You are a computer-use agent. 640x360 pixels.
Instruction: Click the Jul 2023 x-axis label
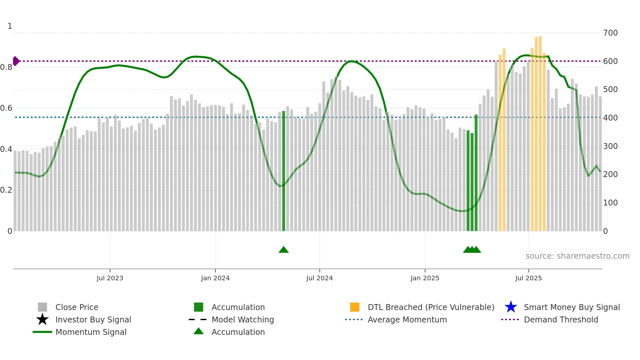point(110,278)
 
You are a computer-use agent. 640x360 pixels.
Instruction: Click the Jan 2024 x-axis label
point(215,278)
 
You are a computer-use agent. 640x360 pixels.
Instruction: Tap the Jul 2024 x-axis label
point(319,278)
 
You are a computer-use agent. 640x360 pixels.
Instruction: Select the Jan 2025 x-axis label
point(425,278)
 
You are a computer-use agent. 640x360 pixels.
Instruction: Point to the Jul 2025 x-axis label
point(528,278)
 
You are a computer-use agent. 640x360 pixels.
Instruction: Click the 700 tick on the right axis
point(610,33)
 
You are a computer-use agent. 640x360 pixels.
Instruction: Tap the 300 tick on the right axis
point(610,146)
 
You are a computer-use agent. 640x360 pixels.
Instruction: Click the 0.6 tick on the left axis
point(6,108)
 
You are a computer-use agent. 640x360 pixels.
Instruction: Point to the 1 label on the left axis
point(10,26)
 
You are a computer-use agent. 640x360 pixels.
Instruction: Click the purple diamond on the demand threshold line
point(16,61)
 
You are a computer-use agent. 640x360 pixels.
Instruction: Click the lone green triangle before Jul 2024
point(283,250)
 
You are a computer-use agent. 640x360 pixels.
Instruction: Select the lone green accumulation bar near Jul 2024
point(283,170)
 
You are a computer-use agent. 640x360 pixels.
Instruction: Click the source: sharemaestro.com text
point(577,256)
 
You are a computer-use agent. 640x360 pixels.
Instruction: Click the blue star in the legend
point(511,307)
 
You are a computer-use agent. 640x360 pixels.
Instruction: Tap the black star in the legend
point(42,319)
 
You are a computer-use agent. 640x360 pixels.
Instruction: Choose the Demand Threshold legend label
point(561,319)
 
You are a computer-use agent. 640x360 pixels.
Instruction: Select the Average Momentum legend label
point(407,319)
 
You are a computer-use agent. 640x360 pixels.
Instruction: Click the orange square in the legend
point(355,307)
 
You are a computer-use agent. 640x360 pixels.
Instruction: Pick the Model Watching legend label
point(243,319)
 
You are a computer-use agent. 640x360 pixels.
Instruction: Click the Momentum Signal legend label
point(91,332)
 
